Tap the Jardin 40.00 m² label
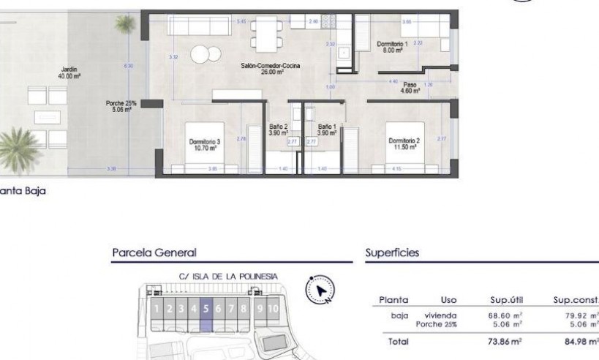point(71,72)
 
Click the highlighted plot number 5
point(206,309)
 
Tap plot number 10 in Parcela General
point(274,309)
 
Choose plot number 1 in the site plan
point(157,309)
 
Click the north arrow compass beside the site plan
point(320,290)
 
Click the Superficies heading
point(391,252)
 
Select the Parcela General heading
point(154,252)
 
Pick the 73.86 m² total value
point(505,341)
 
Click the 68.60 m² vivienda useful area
point(505,315)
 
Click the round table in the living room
point(203,53)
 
